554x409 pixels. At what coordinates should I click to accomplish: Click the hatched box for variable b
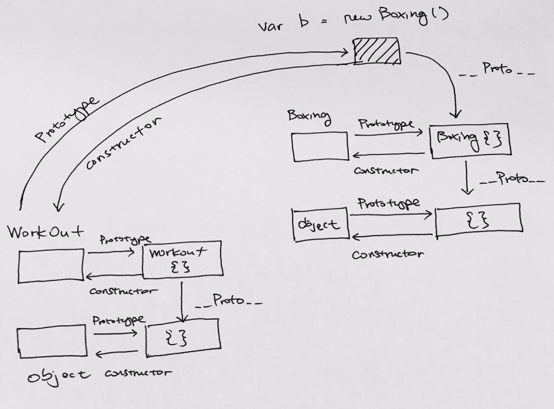(377, 51)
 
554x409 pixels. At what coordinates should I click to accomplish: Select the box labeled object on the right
(319, 224)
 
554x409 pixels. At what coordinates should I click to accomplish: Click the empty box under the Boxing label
(320, 146)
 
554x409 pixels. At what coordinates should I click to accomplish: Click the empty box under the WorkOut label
(51, 265)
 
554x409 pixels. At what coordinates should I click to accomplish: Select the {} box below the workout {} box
(182, 338)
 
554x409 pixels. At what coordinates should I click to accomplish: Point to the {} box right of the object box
(478, 219)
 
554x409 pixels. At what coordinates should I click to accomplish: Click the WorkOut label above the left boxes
(45, 233)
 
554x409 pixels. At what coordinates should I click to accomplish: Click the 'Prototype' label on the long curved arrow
(68, 120)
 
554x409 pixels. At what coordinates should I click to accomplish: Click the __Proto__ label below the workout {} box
(229, 300)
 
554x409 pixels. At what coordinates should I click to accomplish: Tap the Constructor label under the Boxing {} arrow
(385, 171)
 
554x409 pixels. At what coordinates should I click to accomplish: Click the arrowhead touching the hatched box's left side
(347, 52)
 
